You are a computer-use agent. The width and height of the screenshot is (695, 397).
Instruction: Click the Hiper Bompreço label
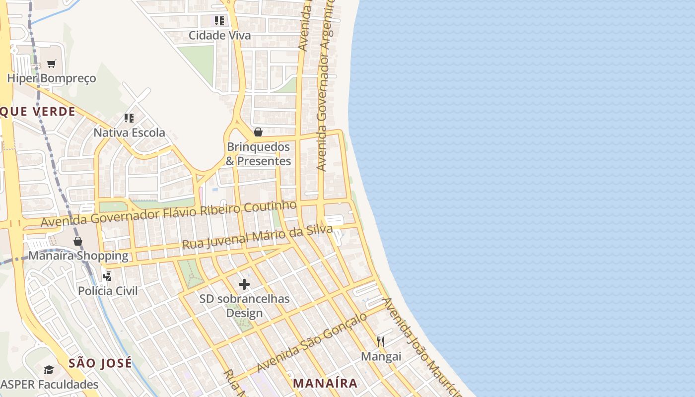51,78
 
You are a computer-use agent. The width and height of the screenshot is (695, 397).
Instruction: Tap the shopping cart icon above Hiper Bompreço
51,64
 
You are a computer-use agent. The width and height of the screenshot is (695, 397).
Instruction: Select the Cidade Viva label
219,36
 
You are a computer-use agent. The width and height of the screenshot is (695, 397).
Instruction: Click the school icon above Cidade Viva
219,21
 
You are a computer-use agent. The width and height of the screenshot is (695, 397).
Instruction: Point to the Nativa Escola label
129,133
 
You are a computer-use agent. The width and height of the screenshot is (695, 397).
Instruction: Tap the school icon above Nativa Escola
129,118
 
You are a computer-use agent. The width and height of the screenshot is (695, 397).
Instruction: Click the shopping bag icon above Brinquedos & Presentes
258,132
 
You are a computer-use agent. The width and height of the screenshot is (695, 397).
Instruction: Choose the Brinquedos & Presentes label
258,154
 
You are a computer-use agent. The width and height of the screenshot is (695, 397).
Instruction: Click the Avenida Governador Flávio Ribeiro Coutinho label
169,214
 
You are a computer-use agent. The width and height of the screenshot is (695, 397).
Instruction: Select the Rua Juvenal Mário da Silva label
257,237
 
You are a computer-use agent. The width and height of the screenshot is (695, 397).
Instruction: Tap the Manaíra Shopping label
78,256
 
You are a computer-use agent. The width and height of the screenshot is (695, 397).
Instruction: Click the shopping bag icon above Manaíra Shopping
78,241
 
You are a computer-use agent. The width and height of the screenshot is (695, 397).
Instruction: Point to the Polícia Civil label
108,291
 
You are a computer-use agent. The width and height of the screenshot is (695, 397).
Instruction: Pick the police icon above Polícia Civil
107,276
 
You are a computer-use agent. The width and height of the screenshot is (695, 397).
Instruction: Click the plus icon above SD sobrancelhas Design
244,284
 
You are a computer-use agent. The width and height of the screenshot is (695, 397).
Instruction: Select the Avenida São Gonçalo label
313,342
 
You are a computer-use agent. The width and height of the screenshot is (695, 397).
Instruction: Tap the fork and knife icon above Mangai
381,341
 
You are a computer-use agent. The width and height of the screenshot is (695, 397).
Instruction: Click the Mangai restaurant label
381,356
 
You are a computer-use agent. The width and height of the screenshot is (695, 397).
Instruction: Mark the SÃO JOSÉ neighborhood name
100,363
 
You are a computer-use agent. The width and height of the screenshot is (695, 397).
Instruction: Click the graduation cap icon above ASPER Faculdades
49,370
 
